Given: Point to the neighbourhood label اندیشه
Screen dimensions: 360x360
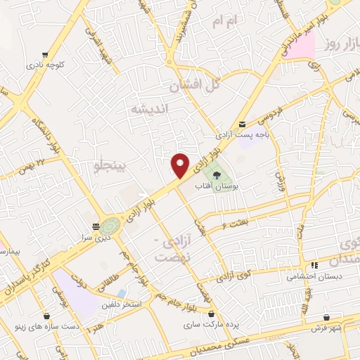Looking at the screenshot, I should click(x=147, y=109).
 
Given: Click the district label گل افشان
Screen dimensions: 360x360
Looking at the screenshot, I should click(x=195, y=85).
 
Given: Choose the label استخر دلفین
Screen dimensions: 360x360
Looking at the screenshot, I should click(x=123, y=304).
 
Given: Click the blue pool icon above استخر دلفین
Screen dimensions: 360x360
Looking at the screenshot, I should click(x=123, y=292).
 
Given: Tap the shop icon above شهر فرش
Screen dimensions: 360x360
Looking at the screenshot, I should click(x=327, y=317).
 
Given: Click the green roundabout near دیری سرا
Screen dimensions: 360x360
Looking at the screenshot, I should click(x=109, y=226).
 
